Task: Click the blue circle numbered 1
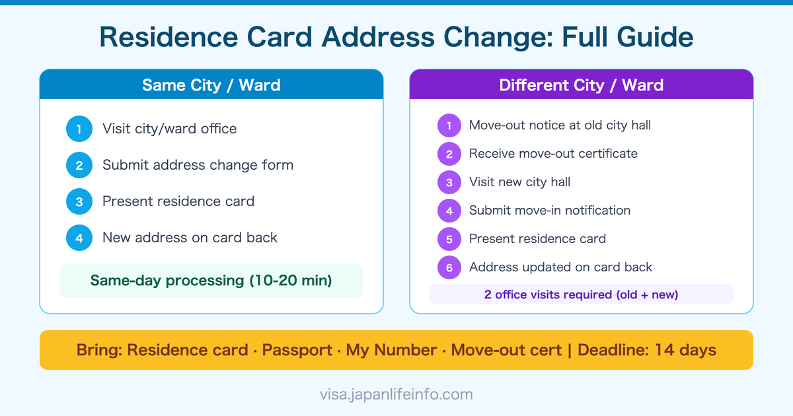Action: pyautogui.click(x=79, y=129)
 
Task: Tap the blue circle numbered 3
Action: pyautogui.click(x=79, y=201)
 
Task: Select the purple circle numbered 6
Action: pyautogui.click(x=449, y=267)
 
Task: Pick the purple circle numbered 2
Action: pyautogui.click(x=449, y=154)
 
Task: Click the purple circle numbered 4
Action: pyautogui.click(x=449, y=211)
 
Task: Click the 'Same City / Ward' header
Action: pyautogui.click(x=211, y=85)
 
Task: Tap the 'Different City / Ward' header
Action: pyautogui.click(x=582, y=85)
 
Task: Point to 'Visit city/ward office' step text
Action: pyautogui.click(x=169, y=129)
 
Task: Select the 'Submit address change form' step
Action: pyautogui.click(x=198, y=165)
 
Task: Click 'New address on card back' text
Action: pyautogui.click(x=190, y=238)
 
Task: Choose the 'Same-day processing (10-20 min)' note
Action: pyautogui.click(x=211, y=281)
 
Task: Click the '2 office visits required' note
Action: pyautogui.click(x=582, y=295)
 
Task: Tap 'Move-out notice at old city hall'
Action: pyautogui.click(x=560, y=125)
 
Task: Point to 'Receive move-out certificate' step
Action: pyautogui.click(x=553, y=154)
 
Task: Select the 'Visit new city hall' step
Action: pyautogui.click(x=519, y=182)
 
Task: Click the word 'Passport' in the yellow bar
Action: pyautogui.click(x=297, y=350)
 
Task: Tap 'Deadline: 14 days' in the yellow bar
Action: pyautogui.click(x=647, y=350)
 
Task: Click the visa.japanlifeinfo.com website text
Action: pyautogui.click(x=397, y=395)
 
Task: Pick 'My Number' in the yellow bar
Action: pyautogui.click(x=392, y=350)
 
